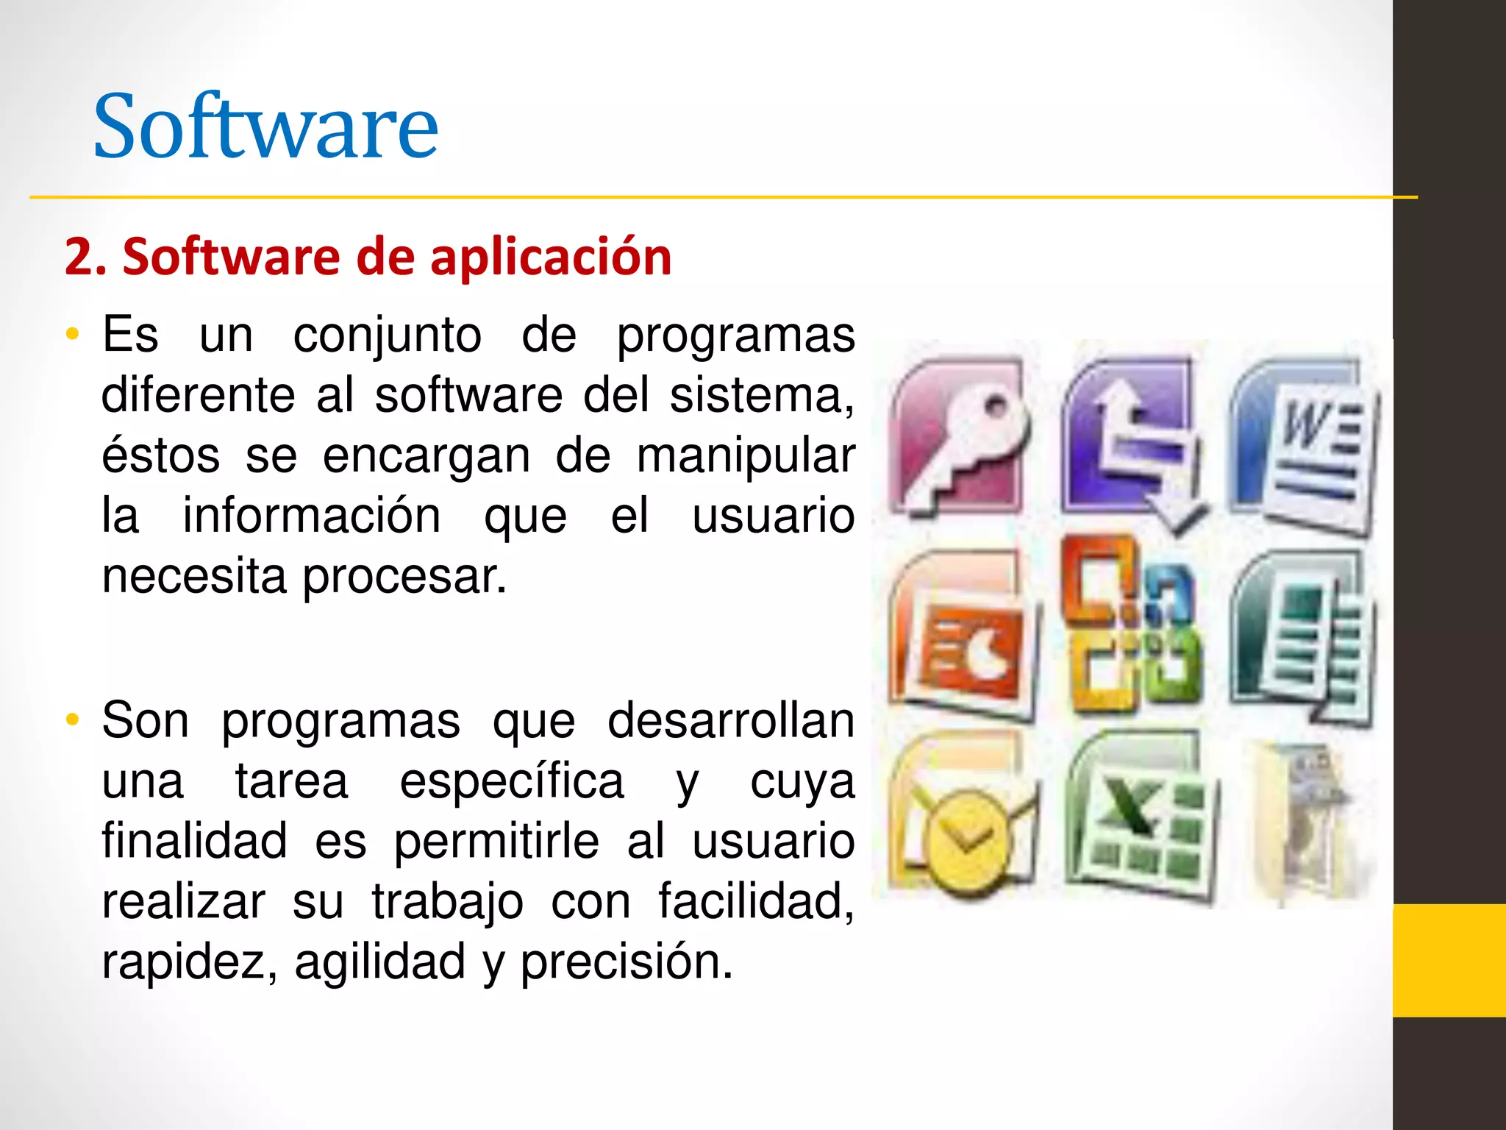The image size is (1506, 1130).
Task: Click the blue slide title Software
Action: click(265, 127)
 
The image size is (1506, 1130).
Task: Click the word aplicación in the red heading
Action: click(551, 257)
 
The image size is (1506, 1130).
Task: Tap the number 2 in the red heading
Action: click(77, 257)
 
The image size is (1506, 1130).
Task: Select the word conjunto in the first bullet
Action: click(388, 336)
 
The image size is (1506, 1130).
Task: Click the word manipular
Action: click(745, 457)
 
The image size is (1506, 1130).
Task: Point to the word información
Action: click(312, 516)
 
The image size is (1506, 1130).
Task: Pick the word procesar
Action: click(404, 578)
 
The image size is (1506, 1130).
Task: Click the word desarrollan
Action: click(731, 721)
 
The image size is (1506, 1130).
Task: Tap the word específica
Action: click(512, 781)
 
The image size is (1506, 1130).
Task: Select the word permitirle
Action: click(496, 842)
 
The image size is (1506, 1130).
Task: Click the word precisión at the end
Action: click(627, 962)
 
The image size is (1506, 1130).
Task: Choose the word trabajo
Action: click(447, 902)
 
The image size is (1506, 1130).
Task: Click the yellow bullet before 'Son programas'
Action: click(71, 720)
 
